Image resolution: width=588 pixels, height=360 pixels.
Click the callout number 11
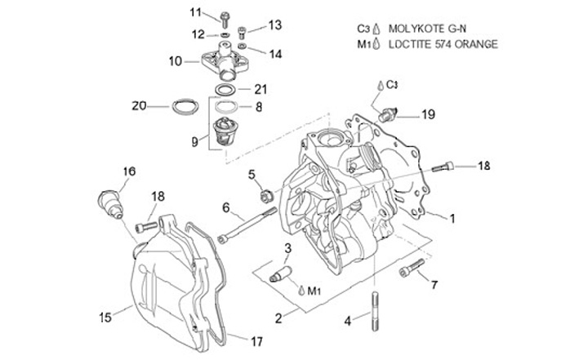coord(194,11)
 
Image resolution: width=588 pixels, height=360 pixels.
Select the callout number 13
coord(274,24)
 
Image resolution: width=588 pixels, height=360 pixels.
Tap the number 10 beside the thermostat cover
coord(176,60)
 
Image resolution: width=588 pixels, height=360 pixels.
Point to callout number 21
coord(261,89)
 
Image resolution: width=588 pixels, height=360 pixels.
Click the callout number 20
coord(139,104)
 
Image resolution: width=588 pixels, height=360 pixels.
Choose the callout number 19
coord(428,116)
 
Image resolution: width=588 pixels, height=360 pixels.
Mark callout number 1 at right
coord(452,218)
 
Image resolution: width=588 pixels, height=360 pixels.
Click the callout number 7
coord(434,285)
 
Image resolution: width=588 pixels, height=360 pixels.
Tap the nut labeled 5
coord(265,195)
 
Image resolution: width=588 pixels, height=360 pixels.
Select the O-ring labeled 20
coord(185,106)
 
